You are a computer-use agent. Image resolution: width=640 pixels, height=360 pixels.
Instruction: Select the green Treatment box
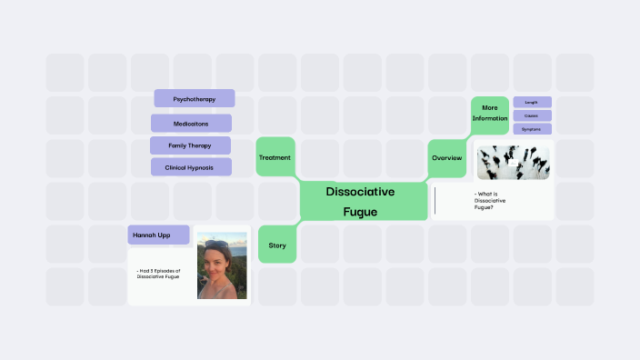point(275,157)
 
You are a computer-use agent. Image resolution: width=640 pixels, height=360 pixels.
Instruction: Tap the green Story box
point(277,245)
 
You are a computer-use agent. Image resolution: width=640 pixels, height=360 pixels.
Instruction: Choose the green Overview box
point(446,158)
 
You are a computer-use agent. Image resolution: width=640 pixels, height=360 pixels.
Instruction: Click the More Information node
point(490,113)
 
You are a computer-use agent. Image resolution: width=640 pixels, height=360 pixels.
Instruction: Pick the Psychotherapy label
point(194,98)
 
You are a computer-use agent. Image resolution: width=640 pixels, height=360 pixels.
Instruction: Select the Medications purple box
point(191,123)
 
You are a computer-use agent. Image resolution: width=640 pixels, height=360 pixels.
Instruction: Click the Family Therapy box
point(190,145)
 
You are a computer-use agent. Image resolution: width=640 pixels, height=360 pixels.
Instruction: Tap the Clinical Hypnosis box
point(190,167)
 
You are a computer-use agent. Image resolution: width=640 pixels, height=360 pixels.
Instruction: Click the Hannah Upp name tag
point(158,235)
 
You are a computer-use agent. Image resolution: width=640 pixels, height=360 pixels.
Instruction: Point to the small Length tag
point(532,103)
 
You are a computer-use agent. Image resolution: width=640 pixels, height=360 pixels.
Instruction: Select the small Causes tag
point(532,115)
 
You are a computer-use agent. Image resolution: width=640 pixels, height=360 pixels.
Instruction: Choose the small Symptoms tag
point(532,129)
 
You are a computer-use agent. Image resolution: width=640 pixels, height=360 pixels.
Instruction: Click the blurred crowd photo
point(514,162)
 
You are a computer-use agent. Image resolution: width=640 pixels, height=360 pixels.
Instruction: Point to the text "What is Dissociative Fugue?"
point(491,200)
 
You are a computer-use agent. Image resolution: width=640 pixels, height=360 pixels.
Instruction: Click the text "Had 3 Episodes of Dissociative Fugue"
point(160,273)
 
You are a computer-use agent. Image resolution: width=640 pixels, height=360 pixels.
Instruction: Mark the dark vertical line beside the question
point(435,201)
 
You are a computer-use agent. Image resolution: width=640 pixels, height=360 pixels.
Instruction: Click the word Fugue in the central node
point(360,212)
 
